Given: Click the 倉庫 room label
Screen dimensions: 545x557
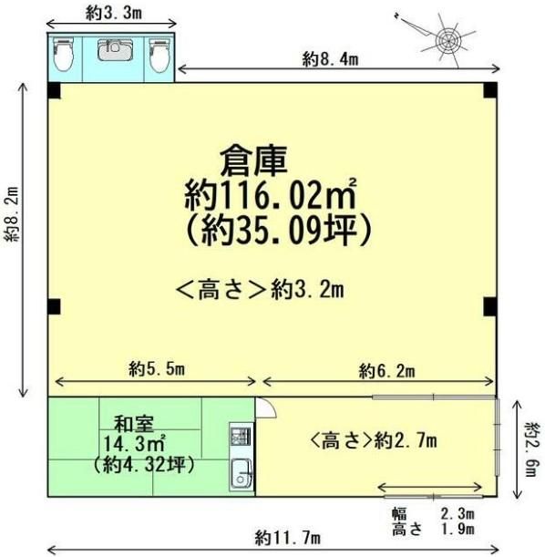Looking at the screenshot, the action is pyautogui.click(x=253, y=161).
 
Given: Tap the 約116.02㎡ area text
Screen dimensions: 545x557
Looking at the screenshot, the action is pyautogui.click(x=271, y=194).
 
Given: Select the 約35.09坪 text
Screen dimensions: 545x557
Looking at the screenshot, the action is pyautogui.click(x=279, y=231).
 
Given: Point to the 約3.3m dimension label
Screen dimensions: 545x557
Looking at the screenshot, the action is pyautogui.click(x=114, y=13).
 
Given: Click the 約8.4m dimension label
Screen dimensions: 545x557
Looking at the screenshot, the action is pyautogui.click(x=330, y=59).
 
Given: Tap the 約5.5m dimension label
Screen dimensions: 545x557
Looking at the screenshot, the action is pyautogui.click(x=157, y=369).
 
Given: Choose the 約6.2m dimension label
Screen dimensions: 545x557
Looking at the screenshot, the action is pyautogui.click(x=386, y=371).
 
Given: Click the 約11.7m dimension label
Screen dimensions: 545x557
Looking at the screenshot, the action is pyautogui.click(x=288, y=538).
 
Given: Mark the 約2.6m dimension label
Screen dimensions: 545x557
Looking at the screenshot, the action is pyautogui.click(x=534, y=449).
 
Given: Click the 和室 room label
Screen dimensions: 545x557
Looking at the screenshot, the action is pyautogui.click(x=134, y=424).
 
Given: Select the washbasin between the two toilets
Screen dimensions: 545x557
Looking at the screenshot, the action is pyautogui.click(x=115, y=49).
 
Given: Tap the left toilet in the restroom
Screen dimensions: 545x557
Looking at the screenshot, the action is pyautogui.click(x=64, y=55).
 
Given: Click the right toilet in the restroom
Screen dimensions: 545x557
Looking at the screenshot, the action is pyautogui.click(x=159, y=55).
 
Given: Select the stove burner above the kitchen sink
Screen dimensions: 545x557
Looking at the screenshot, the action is pyautogui.click(x=242, y=437).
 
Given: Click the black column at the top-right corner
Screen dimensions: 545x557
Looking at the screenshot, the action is pyautogui.click(x=490, y=90).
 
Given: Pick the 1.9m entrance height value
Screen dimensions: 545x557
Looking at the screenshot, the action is pyautogui.click(x=458, y=529).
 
